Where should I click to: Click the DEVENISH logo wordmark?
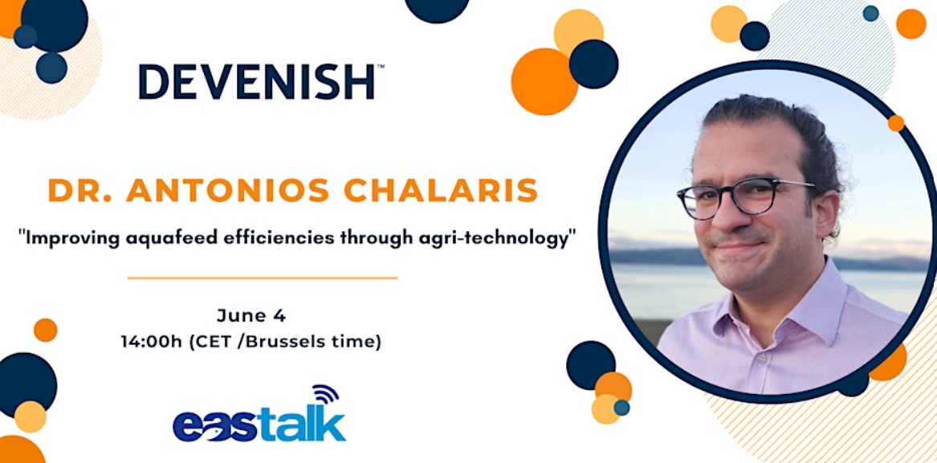tap(258, 82)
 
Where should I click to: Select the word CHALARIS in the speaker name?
tap(440, 189)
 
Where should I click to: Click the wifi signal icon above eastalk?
tap(326, 395)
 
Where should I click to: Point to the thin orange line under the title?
tap(263, 278)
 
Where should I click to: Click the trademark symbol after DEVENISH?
tap(380, 67)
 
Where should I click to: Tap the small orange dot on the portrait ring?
tap(896, 123)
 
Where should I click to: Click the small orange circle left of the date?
tap(46, 330)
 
